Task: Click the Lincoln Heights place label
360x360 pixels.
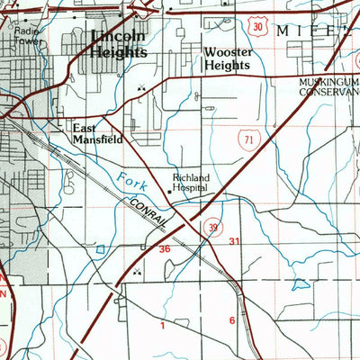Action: click(x=117, y=44)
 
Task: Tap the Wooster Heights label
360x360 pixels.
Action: click(x=229, y=58)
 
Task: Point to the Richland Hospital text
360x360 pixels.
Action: click(x=190, y=183)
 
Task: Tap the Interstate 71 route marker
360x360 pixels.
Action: click(x=247, y=136)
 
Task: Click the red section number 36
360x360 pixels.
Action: click(x=165, y=247)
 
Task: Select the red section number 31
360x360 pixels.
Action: click(x=235, y=242)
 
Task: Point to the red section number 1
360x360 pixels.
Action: click(x=163, y=326)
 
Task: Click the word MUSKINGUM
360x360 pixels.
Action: click(x=328, y=81)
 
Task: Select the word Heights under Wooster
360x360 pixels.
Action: click(x=226, y=65)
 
